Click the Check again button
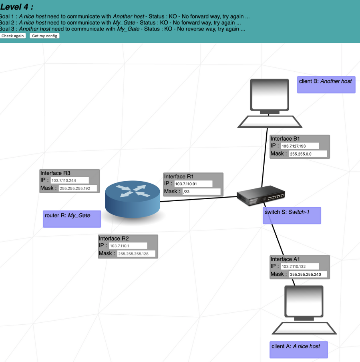13,36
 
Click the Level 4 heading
17,7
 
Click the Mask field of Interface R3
78,188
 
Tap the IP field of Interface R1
193,184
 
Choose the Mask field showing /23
201,192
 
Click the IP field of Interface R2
128,246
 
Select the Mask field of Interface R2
136,254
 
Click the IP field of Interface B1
300,146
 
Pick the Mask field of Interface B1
308,154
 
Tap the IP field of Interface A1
300,266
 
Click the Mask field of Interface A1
308,275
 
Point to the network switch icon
261,196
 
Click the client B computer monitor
269,95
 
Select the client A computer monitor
304,301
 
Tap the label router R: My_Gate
72,218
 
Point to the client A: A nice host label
298,349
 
